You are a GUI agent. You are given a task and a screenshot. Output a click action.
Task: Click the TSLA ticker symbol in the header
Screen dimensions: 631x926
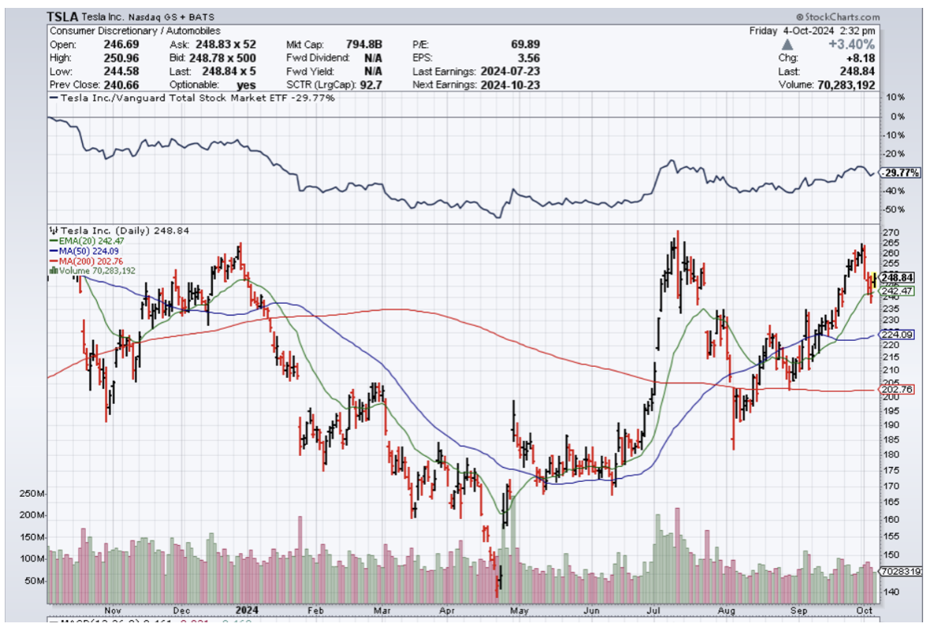point(61,17)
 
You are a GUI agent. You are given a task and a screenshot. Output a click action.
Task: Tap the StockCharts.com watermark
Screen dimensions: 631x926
point(838,17)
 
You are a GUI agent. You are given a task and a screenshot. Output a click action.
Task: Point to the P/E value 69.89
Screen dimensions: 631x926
point(525,44)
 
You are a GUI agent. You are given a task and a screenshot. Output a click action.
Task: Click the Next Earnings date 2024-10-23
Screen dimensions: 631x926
point(508,84)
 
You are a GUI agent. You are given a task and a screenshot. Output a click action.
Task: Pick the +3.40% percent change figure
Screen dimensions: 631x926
point(853,43)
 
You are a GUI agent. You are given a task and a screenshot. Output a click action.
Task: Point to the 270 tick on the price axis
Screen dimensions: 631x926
point(892,233)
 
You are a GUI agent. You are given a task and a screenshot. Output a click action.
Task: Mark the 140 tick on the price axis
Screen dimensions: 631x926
point(892,592)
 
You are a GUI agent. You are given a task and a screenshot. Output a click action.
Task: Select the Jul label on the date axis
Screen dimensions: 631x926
point(654,610)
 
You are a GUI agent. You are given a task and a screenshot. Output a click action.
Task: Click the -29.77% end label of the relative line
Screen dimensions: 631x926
point(900,173)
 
